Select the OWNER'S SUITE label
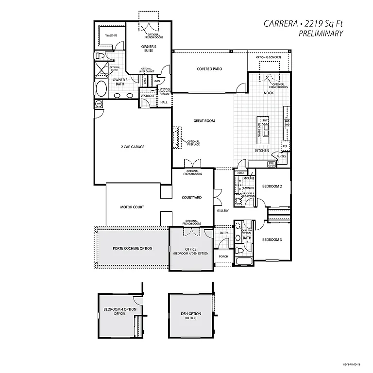pyautogui.click(x=149, y=48)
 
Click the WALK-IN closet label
pyautogui.click(x=111, y=35)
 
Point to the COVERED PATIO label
pyautogui.click(x=209, y=69)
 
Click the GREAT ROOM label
pyautogui.click(x=204, y=120)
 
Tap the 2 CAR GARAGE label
pyautogui.click(x=133, y=147)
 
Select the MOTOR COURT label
pyautogui.click(x=132, y=207)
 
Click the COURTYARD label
pyautogui.click(x=192, y=197)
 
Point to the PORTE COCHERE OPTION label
pyautogui.click(x=133, y=248)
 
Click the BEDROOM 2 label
pyautogui.click(x=272, y=186)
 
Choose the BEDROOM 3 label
pyautogui.click(x=272, y=240)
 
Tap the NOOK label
pyautogui.click(x=269, y=93)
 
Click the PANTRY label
pyautogui.click(x=281, y=156)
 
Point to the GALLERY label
pyautogui.click(x=222, y=211)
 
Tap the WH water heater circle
pyautogui.click(x=98, y=103)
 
